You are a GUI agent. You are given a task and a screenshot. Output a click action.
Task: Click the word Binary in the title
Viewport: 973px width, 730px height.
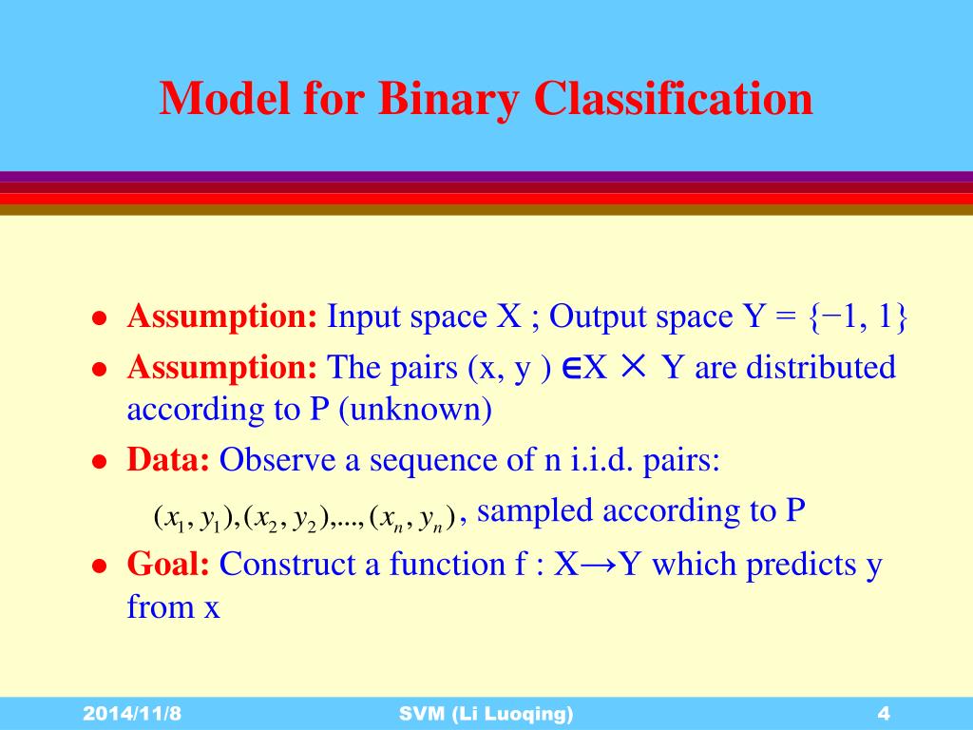pyautogui.click(x=448, y=99)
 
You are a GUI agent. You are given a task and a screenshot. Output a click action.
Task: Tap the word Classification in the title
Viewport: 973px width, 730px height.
pyautogui.click(x=674, y=98)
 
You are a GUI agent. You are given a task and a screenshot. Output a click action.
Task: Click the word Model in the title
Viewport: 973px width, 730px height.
pyautogui.click(x=224, y=98)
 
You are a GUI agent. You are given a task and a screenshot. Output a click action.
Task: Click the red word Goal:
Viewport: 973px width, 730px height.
pyautogui.click(x=168, y=564)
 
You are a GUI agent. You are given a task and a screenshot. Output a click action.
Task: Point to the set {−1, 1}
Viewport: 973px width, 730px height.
pyautogui.click(x=859, y=317)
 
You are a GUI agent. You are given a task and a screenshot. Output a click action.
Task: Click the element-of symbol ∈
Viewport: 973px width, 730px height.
pyautogui.click(x=571, y=368)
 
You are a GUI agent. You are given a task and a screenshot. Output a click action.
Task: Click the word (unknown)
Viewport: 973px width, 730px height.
pyautogui.click(x=416, y=409)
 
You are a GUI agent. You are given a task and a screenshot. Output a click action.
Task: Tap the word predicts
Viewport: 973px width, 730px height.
pyautogui.click(x=801, y=565)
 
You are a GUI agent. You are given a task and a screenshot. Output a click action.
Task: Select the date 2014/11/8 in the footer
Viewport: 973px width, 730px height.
pyautogui.click(x=132, y=713)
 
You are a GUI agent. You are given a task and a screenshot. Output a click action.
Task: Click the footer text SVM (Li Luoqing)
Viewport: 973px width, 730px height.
pyautogui.click(x=486, y=714)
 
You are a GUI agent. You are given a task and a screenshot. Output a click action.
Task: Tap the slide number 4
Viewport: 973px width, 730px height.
pyautogui.click(x=883, y=713)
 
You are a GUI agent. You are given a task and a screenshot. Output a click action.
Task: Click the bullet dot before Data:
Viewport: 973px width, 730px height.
pyautogui.click(x=99, y=462)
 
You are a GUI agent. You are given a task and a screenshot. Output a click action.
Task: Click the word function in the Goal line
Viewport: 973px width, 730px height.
pyautogui.click(x=447, y=564)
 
